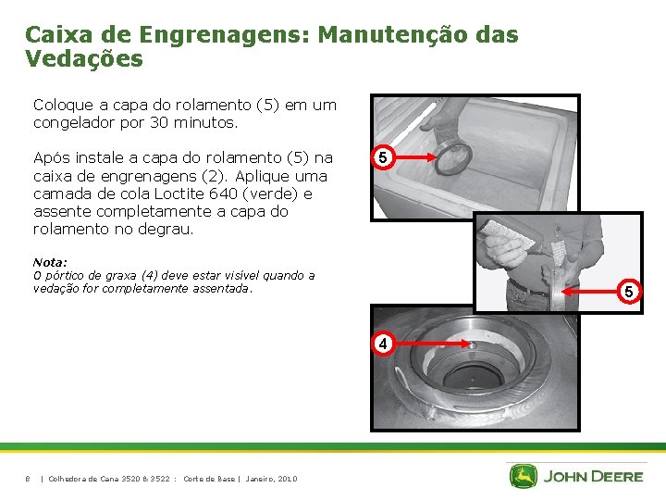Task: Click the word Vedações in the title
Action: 84,59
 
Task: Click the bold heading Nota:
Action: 50,263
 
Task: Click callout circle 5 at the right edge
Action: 627,293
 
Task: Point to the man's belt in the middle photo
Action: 526,288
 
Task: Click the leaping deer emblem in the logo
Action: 523,477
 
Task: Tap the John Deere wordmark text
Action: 592,477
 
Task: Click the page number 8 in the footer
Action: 28,479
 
